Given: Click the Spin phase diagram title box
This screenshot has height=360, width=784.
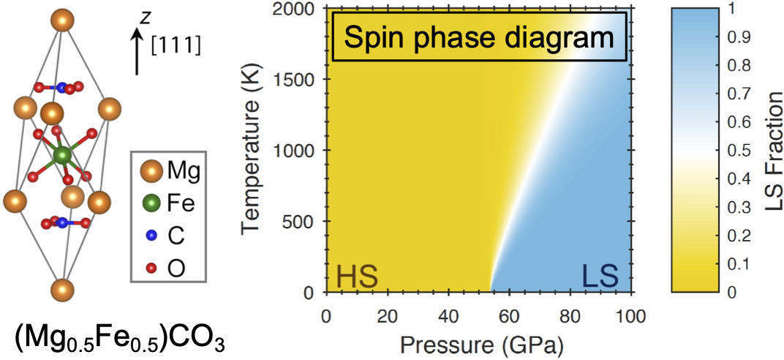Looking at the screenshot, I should (x=480, y=37).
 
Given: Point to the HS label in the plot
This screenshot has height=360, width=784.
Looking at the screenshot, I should (x=356, y=278).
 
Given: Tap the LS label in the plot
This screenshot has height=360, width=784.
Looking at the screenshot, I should (x=600, y=278).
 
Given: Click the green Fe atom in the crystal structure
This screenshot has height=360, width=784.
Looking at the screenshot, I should (x=64, y=155).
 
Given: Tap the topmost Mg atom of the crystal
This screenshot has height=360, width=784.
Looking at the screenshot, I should (x=64, y=19).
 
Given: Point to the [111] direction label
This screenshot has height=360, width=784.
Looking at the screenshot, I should (x=174, y=46).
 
